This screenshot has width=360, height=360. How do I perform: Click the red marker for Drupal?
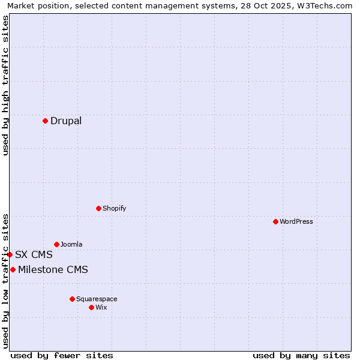(x=45, y=121)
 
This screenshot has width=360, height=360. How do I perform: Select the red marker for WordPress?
(x=275, y=221)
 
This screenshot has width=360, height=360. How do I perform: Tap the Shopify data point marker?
(x=98, y=208)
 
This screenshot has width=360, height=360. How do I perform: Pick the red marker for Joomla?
(x=56, y=244)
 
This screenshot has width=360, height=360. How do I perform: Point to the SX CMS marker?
(x=10, y=254)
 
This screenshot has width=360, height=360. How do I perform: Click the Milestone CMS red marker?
(x=13, y=269)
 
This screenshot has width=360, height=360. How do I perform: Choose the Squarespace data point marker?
(x=72, y=299)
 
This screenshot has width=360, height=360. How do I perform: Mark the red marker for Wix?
(x=91, y=307)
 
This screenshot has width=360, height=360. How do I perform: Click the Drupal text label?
(x=66, y=121)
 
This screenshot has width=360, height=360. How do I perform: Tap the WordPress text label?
(x=296, y=221)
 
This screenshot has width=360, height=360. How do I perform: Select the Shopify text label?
(x=115, y=208)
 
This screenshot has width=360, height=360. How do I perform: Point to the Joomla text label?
(x=71, y=244)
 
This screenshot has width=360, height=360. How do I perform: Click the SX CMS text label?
(x=34, y=254)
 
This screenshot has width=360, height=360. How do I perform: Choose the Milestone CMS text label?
(x=53, y=269)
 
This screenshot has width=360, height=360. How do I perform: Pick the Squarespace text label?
(x=97, y=299)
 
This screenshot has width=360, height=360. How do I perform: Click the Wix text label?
(x=101, y=307)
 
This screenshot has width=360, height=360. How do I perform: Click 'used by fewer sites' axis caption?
(x=62, y=355)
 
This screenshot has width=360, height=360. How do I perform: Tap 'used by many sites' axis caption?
(x=301, y=355)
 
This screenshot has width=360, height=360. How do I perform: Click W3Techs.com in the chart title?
(x=325, y=5)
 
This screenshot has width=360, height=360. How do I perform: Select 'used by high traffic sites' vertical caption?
(x=5, y=85)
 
